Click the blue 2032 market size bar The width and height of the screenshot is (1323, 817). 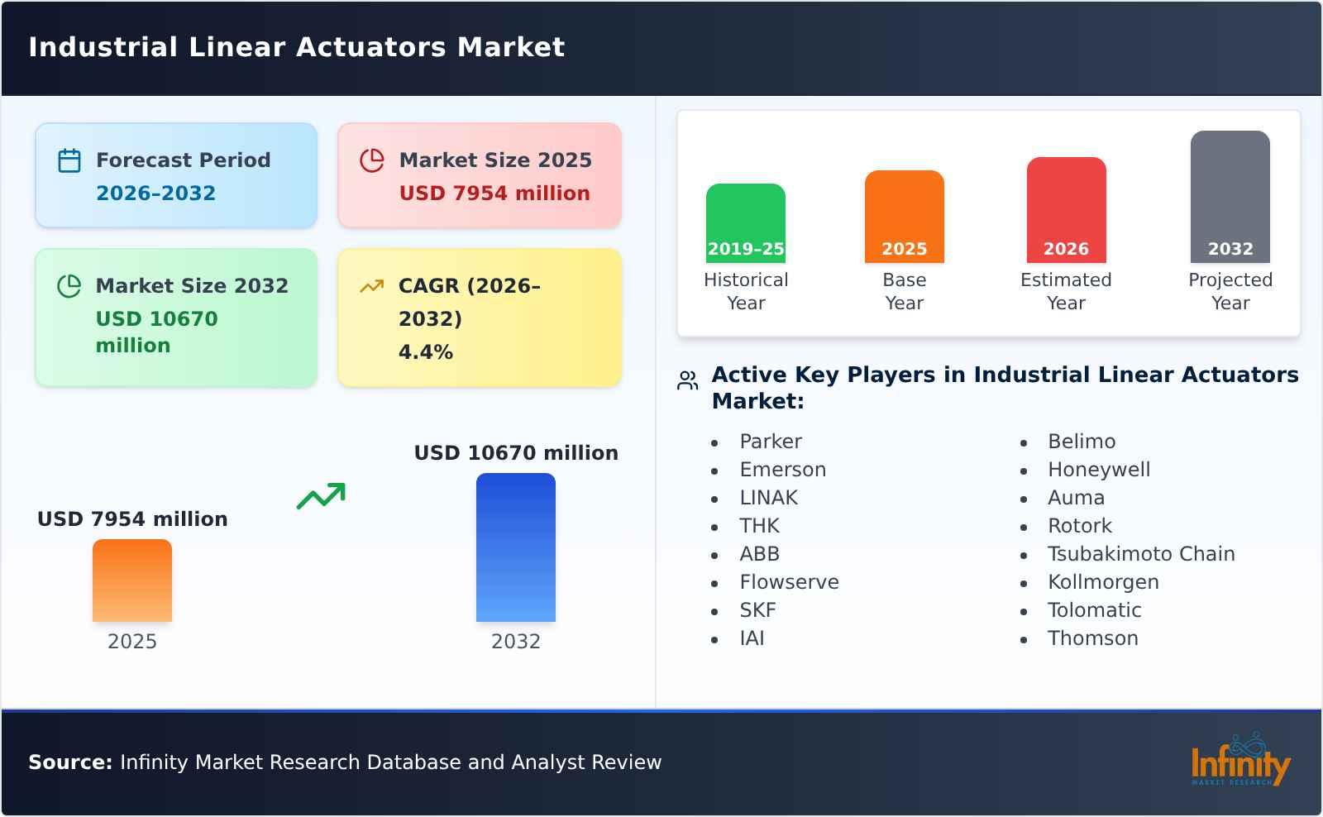click(x=515, y=547)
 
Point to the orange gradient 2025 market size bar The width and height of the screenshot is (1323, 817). click(x=132, y=580)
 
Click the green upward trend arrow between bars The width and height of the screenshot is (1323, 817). click(x=321, y=496)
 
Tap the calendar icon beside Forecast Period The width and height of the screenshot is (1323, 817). click(x=69, y=160)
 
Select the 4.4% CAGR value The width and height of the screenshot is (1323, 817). click(x=425, y=352)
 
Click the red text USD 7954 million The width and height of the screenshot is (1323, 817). click(x=494, y=193)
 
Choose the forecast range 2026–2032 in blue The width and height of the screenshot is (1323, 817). click(x=155, y=193)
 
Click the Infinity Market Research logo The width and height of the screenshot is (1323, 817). click(x=1239, y=762)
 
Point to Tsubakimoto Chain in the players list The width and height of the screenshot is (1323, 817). click(x=1140, y=554)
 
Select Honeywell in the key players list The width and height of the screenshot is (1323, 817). click(x=1098, y=470)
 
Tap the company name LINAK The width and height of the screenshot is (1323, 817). click(x=768, y=498)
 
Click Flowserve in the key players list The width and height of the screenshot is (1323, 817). click(x=789, y=582)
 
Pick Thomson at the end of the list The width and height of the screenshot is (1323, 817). click(x=1092, y=638)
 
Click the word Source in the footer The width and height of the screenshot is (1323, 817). click(x=69, y=762)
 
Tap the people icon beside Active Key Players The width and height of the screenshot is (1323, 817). click(x=688, y=380)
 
